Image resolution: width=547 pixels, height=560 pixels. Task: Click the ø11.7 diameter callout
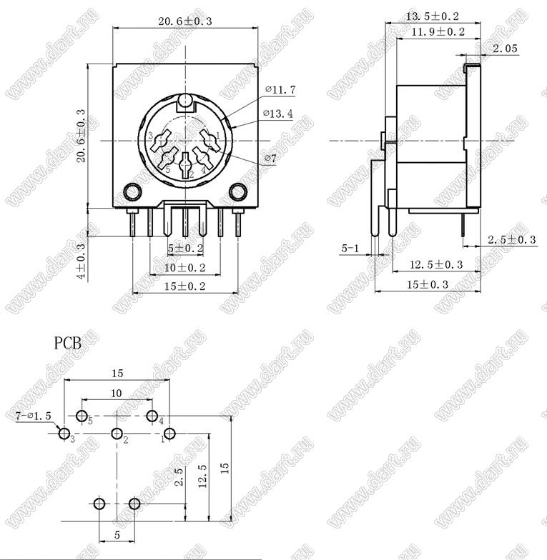(280, 90)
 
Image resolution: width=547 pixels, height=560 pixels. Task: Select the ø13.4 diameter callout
(277, 114)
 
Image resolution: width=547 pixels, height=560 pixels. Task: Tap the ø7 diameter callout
(270, 159)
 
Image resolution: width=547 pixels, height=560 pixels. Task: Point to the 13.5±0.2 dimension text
(432, 16)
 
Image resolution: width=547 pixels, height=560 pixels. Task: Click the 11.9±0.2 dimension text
(438, 32)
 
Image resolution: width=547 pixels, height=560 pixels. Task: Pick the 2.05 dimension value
(505, 49)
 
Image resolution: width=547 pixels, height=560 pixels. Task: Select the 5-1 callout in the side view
(350, 249)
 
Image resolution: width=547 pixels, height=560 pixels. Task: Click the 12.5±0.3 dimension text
(436, 264)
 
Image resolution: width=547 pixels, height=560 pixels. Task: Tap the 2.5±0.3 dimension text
(512, 240)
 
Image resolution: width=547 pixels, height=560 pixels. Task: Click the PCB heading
(67, 344)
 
